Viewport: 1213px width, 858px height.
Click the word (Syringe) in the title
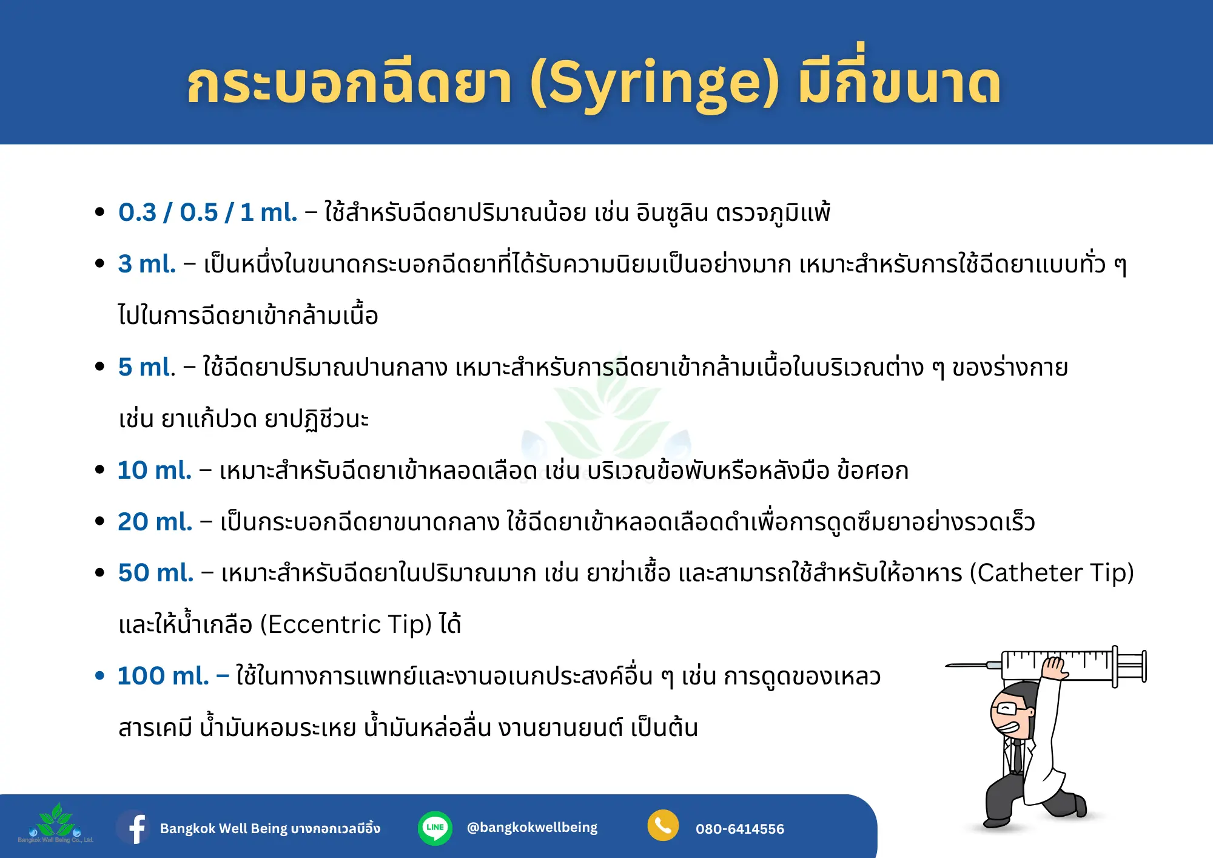(654, 84)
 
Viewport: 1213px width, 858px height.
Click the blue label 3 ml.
(147, 264)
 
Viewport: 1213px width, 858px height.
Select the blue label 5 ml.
(147, 367)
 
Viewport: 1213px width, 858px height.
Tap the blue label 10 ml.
(155, 470)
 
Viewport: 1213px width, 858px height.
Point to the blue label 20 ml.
(155, 522)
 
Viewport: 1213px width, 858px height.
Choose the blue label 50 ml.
(156, 573)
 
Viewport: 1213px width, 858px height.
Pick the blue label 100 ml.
(163, 676)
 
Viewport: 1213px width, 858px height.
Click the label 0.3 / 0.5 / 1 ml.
(208, 212)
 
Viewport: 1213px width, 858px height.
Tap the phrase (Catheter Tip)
(1052, 573)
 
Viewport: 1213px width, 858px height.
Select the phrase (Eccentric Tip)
(346, 624)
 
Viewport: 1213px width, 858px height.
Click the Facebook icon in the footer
(135, 827)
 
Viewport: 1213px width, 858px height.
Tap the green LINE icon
(435, 828)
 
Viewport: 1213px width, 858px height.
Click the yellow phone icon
(663, 826)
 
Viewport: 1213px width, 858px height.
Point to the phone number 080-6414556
(740, 829)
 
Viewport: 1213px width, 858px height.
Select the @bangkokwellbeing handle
(532, 828)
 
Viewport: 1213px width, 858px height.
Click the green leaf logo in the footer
(56, 820)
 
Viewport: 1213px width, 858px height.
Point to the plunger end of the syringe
(1144, 666)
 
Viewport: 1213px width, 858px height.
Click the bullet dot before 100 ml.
(100, 676)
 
